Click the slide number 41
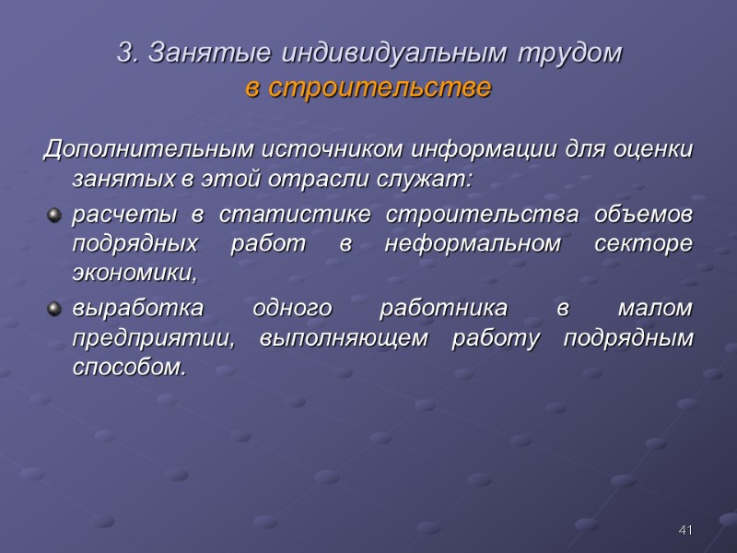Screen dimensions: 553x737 [x=684, y=530]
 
